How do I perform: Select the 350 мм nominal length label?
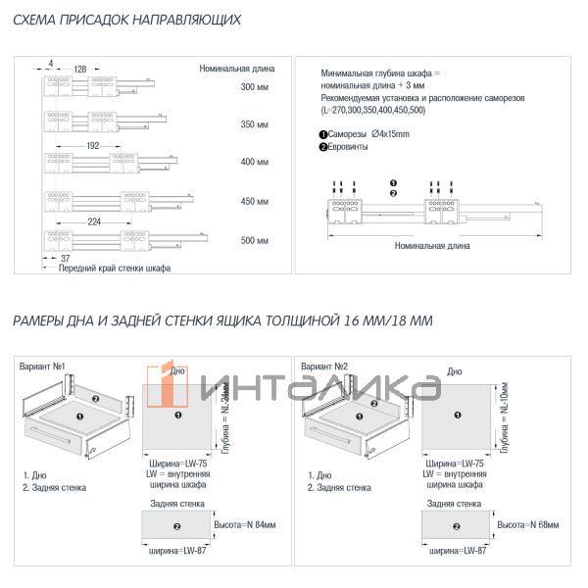coord(255,124)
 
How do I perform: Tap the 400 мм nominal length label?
coord(255,162)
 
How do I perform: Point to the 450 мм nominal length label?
coord(255,201)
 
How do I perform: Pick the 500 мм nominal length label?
coord(255,240)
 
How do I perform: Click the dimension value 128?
coord(80,69)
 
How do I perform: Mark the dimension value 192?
coord(94,145)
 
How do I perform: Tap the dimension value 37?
coord(51,257)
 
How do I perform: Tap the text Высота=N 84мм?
coord(245,525)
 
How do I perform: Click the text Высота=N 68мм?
coord(530,525)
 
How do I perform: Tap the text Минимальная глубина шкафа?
coord(381,74)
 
